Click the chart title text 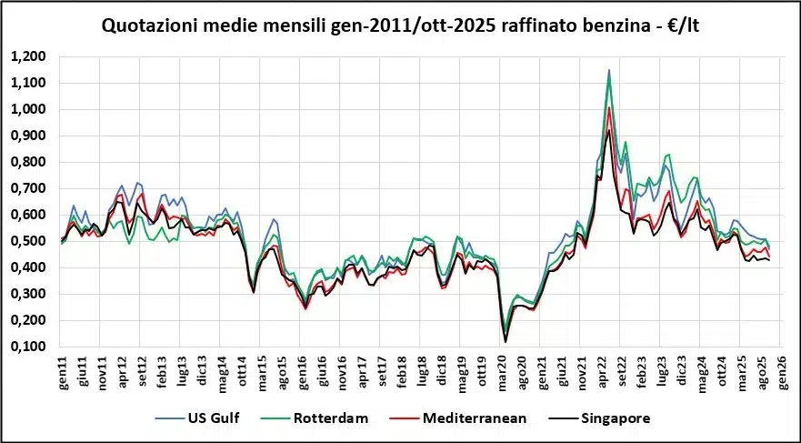click(401, 26)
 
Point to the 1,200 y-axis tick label click(28, 56)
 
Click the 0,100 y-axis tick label click(28, 347)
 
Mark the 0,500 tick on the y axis click(28, 241)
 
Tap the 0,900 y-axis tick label click(28, 136)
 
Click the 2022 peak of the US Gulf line click(609, 69)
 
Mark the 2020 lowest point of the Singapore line click(505, 342)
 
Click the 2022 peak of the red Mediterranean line click(609, 107)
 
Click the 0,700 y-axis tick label click(28, 188)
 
